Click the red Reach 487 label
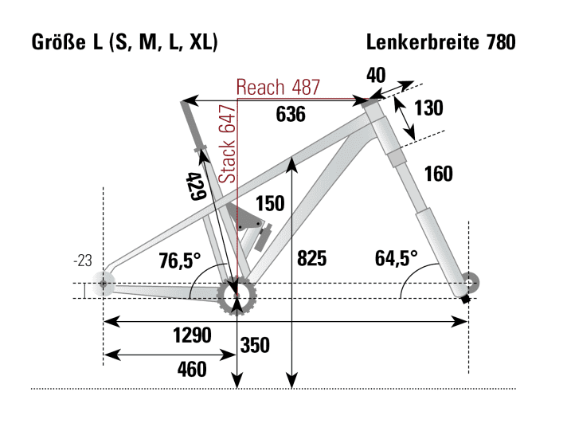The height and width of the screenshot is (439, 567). pos(278,88)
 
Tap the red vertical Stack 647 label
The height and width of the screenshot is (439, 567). pos(228,144)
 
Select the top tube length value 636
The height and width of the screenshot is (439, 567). pos(291,115)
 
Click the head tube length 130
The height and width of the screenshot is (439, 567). pos(427,108)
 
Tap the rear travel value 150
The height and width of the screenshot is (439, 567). pos(270,204)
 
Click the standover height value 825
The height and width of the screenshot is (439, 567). pos(311,258)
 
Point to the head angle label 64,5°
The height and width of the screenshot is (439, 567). pos(396,258)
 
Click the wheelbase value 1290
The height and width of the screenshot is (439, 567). pos(192,335)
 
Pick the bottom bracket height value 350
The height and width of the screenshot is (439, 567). pos(254,346)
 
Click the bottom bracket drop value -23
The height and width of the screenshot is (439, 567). pos(83,260)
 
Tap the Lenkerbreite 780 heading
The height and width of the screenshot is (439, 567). pos(441,41)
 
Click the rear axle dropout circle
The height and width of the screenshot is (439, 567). pos(103,284)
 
